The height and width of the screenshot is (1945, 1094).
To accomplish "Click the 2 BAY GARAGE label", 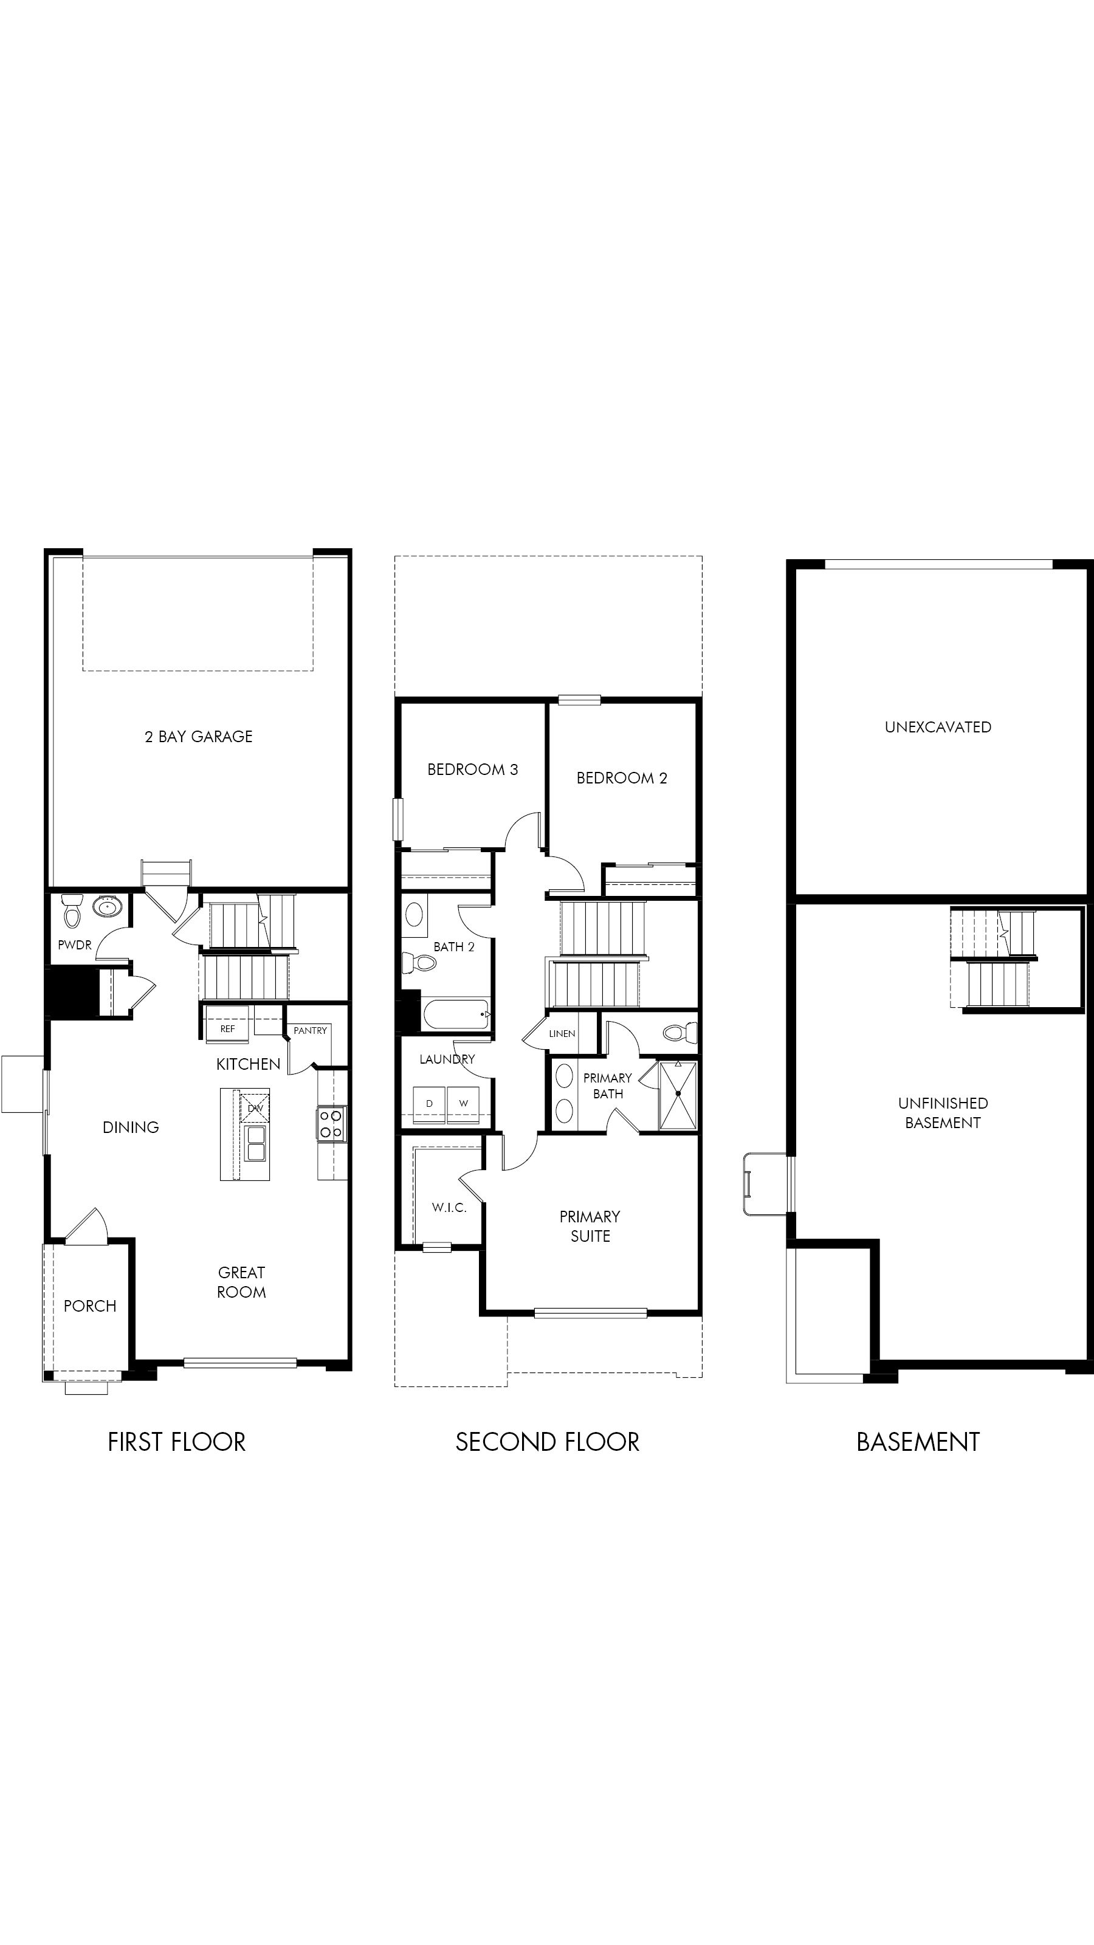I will click(x=199, y=736).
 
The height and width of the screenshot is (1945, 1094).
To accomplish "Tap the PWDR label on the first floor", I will click(x=75, y=945).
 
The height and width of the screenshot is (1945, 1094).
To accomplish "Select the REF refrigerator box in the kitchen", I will click(x=227, y=1028).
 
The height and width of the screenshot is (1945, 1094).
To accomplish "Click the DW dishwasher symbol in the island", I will click(x=255, y=1107).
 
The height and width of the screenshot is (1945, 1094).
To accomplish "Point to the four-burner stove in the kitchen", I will click(x=331, y=1123).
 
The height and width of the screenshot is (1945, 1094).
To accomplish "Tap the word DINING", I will click(x=131, y=1127).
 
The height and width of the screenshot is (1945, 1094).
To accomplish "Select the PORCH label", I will click(x=90, y=1306).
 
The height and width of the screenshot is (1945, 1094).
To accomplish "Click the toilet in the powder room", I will click(x=72, y=911).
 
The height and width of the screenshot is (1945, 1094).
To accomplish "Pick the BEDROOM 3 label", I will click(x=473, y=769).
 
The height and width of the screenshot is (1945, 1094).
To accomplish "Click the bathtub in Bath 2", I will click(x=456, y=1014).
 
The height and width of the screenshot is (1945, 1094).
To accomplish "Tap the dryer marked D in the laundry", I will click(x=430, y=1103).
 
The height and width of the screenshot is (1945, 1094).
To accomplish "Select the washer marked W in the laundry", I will click(x=464, y=1103).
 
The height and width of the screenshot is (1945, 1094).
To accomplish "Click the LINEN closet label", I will click(x=562, y=1034).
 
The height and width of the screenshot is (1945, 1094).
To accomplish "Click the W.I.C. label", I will click(x=449, y=1207).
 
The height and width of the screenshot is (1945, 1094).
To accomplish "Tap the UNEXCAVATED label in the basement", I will click(x=938, y=727).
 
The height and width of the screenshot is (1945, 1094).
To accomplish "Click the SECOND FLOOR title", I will click(x=548, y=1442).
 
